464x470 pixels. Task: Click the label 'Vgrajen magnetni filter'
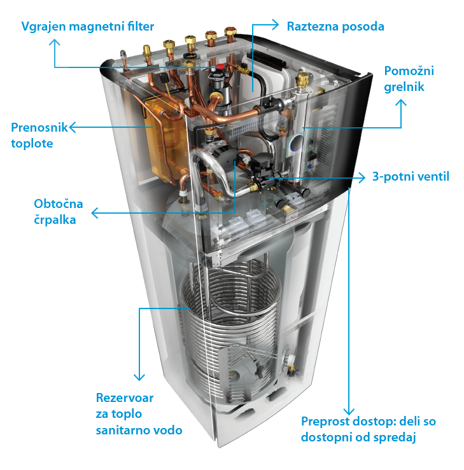[x=88, y=27]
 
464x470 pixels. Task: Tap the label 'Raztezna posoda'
[x=335, y=27]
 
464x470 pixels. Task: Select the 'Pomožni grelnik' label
[x=409, y=78]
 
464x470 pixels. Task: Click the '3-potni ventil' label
[x=411, y=176]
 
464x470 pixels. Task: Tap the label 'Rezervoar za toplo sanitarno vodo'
[x=139, y=414]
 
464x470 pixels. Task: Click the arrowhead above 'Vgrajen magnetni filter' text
[x=55, y=42]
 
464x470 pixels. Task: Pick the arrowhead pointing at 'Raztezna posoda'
[x=275, y=26]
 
